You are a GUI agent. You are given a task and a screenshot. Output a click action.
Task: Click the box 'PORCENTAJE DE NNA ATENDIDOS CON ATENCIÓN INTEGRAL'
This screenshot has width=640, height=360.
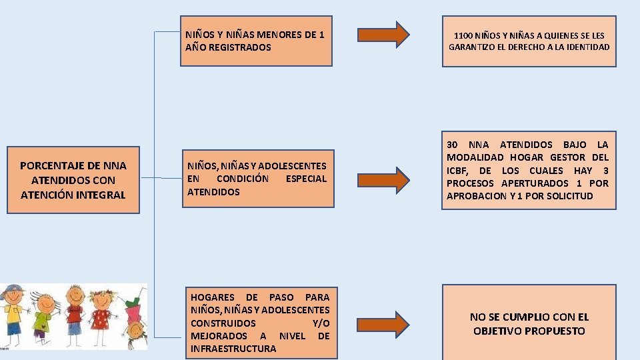[x=73, y=180]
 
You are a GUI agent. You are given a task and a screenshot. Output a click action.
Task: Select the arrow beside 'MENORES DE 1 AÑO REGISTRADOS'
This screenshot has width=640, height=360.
[x=383, y=35]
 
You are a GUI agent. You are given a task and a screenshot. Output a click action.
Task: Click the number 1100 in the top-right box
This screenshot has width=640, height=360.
[x=464, y=35]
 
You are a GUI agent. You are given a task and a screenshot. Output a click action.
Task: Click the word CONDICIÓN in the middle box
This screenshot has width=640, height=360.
[x=243, y=179]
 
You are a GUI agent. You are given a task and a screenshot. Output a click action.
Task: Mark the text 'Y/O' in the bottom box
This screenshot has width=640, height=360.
[x=321, y=323]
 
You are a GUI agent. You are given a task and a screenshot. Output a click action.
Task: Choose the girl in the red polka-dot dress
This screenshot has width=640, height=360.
[x=101, y=313]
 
